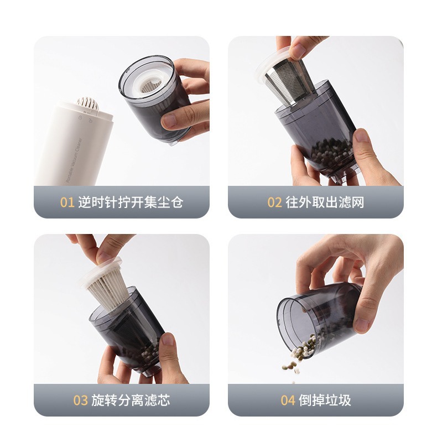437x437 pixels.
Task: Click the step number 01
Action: pos(67,202)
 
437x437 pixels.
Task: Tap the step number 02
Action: pos(274,202)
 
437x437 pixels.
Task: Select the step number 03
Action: pos(81,400)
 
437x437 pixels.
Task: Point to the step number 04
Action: pos(288,400)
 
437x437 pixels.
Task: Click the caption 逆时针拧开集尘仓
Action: pos(131,202)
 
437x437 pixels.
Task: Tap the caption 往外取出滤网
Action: pos(325,202)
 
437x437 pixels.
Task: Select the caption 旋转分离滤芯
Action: pos(131,400)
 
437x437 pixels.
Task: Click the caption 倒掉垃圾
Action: pos(325,400)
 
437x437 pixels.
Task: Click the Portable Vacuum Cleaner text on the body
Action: pos(74,160)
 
